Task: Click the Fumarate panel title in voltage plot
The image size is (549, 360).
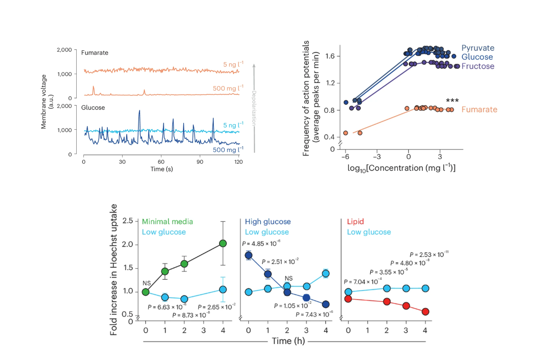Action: click(x=94, y=53)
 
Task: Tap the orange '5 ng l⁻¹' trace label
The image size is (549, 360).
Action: click(x=233, y=64)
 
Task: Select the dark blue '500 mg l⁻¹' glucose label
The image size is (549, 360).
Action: click(x=228, y=149)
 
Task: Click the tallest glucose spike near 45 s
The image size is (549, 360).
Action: click(x=139, y=111)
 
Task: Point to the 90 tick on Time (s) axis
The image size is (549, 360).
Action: click(x=200, y=162)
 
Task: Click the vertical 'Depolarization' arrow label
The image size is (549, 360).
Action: click(x=254, y=108)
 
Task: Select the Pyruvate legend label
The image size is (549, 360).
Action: click(x=478, y=48)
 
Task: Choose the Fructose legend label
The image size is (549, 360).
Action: click(x=478, y=66)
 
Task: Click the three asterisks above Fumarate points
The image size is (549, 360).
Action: click(x=452, y=101)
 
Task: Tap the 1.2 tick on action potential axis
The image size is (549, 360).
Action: click(x=330, y=83)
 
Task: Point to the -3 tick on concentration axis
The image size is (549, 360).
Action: click(x=376, y=157)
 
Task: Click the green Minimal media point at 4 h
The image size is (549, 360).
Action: click(x=223, y=243)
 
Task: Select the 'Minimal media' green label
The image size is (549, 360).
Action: click(x=167, y=222)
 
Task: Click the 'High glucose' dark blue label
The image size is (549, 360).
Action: click(x=268, y=222)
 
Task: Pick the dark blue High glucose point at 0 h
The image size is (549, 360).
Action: click(x=249, y=255)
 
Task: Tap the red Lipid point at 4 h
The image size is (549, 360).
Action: click(x=425, y=312)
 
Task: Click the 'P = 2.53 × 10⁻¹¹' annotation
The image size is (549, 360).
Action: click(x=429, y=254)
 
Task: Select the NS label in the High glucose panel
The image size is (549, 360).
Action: click(x=288, y=278)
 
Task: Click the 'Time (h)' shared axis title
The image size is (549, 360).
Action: click(x=288, y=341)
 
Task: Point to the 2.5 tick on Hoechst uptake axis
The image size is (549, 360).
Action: click(x=128, y=221)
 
